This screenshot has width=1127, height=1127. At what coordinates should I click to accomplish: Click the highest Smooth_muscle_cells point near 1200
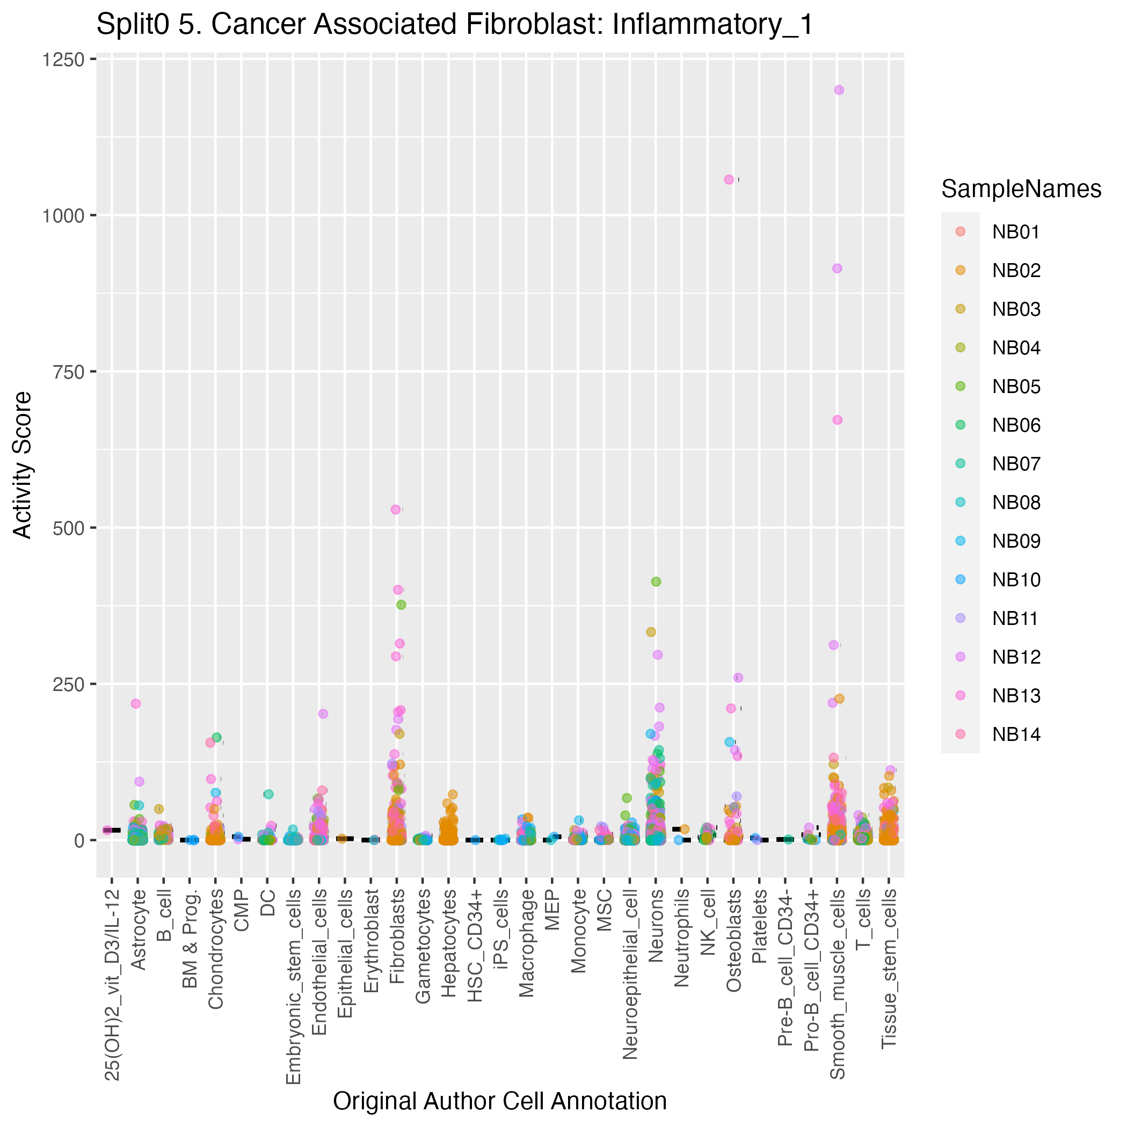pyautogui.click(x=839, y=90)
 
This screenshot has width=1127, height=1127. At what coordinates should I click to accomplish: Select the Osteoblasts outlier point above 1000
pyautogui.click(x=729, y=180)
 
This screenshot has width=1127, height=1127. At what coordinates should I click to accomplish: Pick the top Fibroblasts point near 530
pyautogui.click(x=396, y=509)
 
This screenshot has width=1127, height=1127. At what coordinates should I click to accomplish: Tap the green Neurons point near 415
pyautogui.click(x=656, y=581)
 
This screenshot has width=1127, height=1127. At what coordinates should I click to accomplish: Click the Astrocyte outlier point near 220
pyautogui.click(x=135, y=703)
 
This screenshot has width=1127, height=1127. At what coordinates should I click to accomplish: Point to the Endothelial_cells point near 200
pyautogui.click(x=323, y=714)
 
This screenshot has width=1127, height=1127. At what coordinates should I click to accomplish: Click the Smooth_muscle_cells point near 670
pyautogui.click(x=837, y=419)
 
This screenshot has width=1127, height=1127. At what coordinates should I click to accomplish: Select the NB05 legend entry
pyautogui.click(x=1016, y=387)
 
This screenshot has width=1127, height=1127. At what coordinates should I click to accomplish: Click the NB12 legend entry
pyautogui.click(x=1016, y=657)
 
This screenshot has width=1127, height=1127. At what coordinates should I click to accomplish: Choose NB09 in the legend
pyautogui.click(x=1016, y=541)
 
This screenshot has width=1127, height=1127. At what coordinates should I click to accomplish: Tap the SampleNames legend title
pyautogui.click(x=1021, y=189)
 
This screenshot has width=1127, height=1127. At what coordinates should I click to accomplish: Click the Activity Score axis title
pyautogui.click(x=22, y=465)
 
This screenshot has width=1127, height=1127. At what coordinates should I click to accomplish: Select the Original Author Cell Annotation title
pyautogui.click(x=500, y=1101)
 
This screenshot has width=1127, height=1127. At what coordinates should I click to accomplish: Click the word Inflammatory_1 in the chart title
pyautogui.click(x=712, y=25)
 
